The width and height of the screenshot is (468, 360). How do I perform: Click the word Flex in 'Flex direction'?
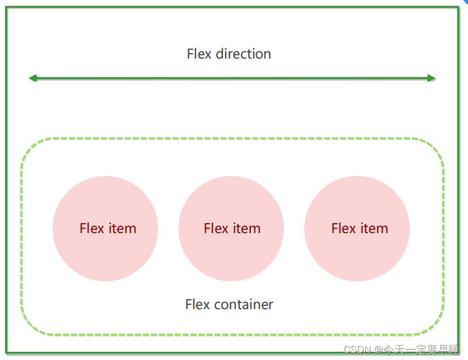click(x=199, y=54)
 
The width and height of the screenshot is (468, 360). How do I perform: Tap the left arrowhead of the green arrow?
click(x=33, y=78)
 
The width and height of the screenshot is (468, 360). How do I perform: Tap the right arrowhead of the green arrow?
click(x=431, y=78)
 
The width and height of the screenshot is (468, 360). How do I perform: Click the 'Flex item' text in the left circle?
click(x=108, y=229)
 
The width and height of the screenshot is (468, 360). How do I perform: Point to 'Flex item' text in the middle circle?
click(x=232, y=229)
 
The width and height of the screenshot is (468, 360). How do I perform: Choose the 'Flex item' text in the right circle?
click(x=360, y=229)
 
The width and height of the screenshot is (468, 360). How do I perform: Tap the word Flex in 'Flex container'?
click(x=198, y=305)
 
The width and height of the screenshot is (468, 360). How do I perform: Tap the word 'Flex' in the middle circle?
click(x=216, y=229)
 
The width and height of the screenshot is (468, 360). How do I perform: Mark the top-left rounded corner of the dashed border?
click(x=31, y=148)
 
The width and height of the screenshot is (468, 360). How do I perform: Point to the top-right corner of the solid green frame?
click(x=458, y=8)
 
